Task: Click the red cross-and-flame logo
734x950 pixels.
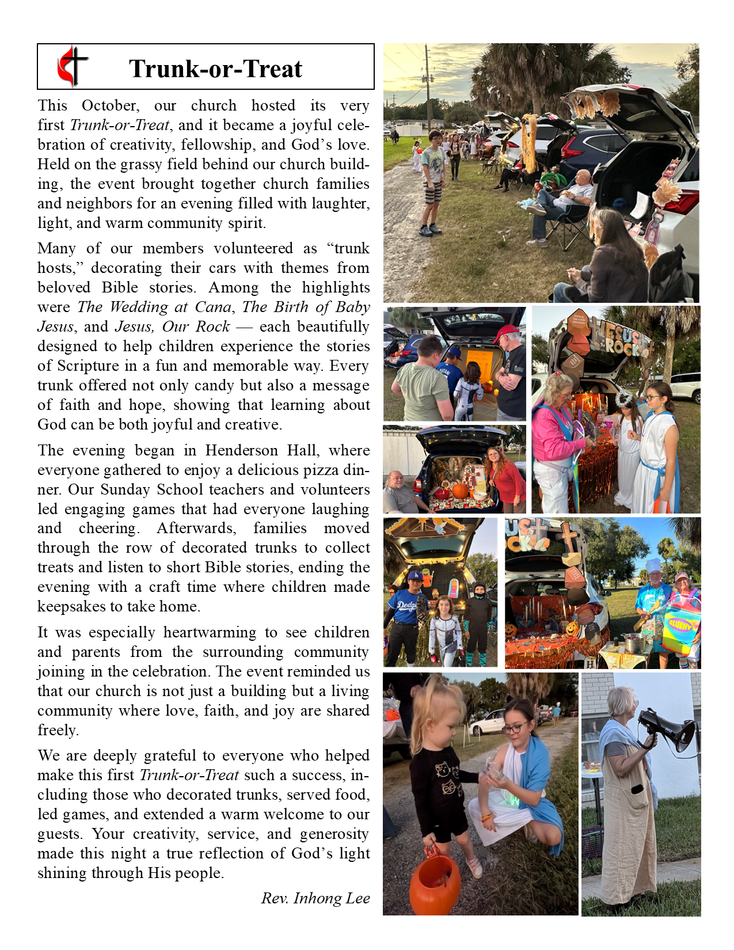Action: pos(73,66)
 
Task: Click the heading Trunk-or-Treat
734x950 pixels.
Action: pos(215,69)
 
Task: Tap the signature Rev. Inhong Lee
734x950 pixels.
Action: pos(315,898)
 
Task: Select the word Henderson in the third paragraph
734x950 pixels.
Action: pos(239,450)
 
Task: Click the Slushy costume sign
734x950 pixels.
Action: pos(681,624)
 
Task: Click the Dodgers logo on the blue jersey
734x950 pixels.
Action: pos(405,604)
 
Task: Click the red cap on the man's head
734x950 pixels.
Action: pos(507,333)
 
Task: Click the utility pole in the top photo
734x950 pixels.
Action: pos(428,86)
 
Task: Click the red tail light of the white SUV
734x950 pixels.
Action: pos(683,202)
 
